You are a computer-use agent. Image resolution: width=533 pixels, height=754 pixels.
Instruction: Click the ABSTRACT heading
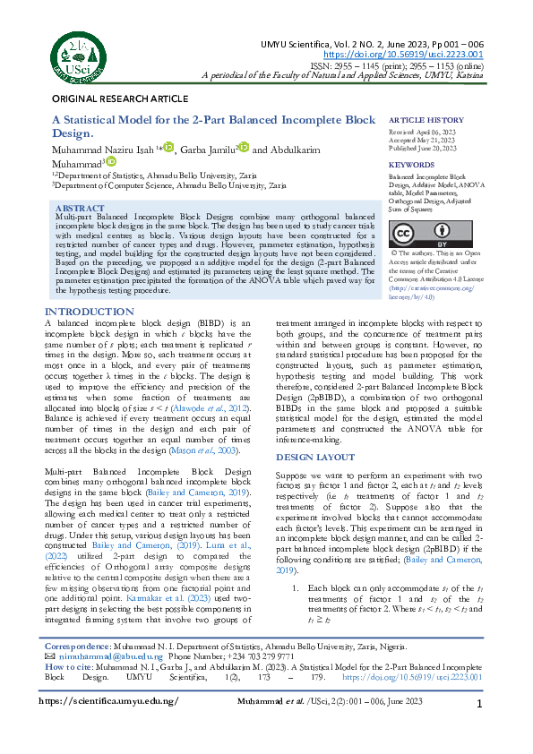pyautogui.click(x=80, y=208)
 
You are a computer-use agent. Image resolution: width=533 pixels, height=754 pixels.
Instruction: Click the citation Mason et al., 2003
pyautogui.click(x=214, y=451)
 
